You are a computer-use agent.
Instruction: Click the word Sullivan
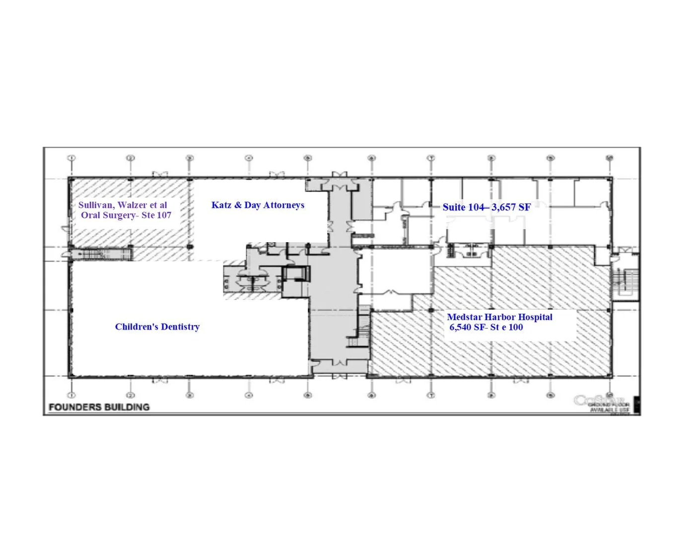tap(96, 205)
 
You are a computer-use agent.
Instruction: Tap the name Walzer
tap(132, 205)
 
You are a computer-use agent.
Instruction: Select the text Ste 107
tap(156, 215)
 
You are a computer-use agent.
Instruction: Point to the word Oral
tap(90, 215)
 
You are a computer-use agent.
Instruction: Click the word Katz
tap(221, 205)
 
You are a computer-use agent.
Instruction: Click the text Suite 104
tap(463, 207)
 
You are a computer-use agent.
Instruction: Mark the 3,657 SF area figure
tap(511, 207)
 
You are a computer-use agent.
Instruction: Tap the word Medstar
tap(465, 317)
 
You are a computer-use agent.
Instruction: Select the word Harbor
tap(500, 317)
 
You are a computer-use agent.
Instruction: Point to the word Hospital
tap(535, 317)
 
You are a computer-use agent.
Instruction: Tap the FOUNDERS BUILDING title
tap(99, 407)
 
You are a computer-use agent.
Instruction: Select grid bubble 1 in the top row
tap(71, 158)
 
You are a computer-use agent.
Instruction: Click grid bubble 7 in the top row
tap(431, 158)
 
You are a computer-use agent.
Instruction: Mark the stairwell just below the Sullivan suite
tap(102, 254)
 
